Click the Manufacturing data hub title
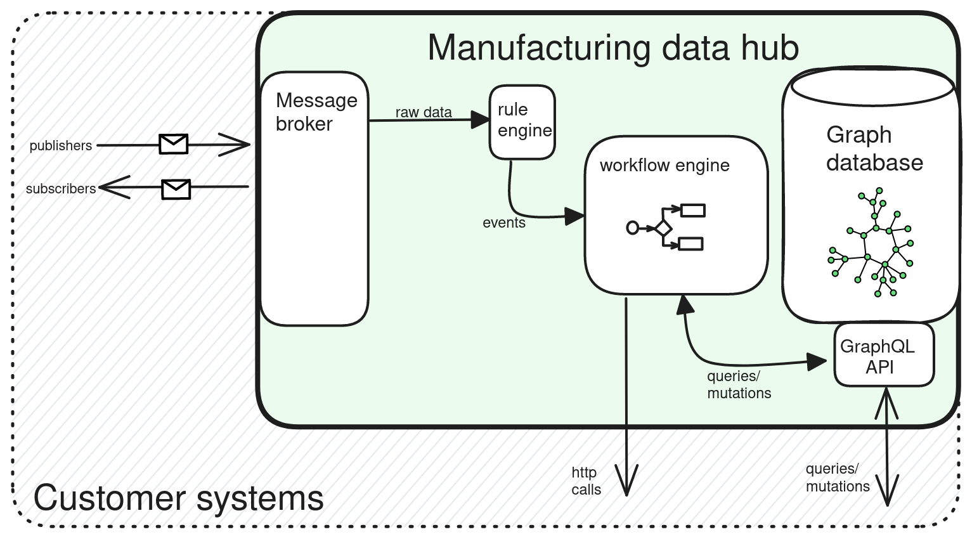click(612, 48)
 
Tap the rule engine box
click(522, 122)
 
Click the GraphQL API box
click(884, 354)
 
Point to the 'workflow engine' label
click(664, 166)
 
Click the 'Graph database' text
click(874, 149)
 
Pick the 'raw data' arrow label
click(424, 112)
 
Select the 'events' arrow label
click(504, 223)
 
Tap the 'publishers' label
click(61, 146)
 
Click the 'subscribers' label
click(61, 189)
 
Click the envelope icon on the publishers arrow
click(173, 144)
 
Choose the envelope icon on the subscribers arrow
click(176, 189)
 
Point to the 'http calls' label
click(586, 481)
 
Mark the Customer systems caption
click(178, 498)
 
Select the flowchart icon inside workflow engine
click(665, 227)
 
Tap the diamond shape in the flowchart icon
click(663, 228)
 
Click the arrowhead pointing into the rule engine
click(480, 119)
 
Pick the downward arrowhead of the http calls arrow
click(626, 484)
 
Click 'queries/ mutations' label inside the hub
click(739, 385)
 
